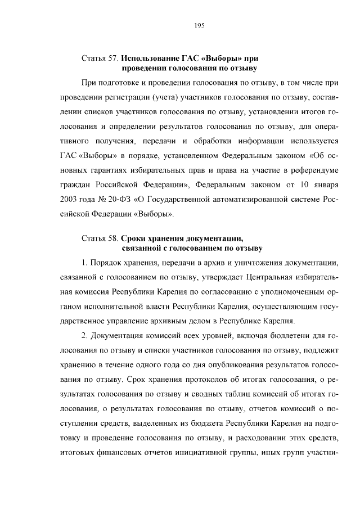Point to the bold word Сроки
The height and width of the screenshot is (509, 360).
[136, 237]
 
